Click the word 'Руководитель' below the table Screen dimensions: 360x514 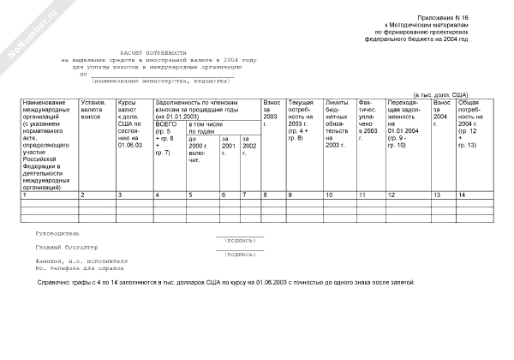pyautogui.click(x=57, y=233)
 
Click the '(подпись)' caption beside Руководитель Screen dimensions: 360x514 pyautogui.click(x=239, y=241)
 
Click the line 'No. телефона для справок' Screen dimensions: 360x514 pyautogui.click(x=81, y=267)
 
